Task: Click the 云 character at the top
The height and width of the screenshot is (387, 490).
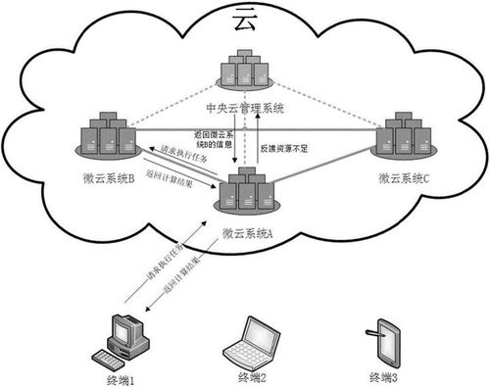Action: click(244, 19)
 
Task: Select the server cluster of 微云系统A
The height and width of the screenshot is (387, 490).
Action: click(244, 191)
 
